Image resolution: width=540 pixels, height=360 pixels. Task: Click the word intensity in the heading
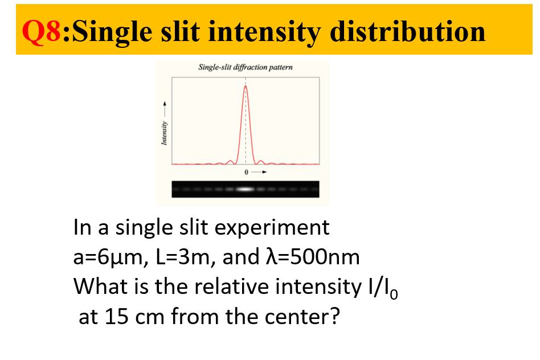pyautogui.click(x=266, y=31)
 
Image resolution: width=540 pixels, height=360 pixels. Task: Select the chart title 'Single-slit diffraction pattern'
pyautogui.click(x=245, y=67)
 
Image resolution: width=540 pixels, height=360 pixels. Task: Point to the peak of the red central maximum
pyautogui.click(x=246, y=86)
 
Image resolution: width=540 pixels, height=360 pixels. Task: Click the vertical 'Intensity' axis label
pyautogui.click(x=164, y=134)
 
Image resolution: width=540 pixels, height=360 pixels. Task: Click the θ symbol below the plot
pyautogui.click(x=246, y=171)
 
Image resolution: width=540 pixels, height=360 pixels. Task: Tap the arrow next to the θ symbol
pyautogui.click(x=259, y=171)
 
